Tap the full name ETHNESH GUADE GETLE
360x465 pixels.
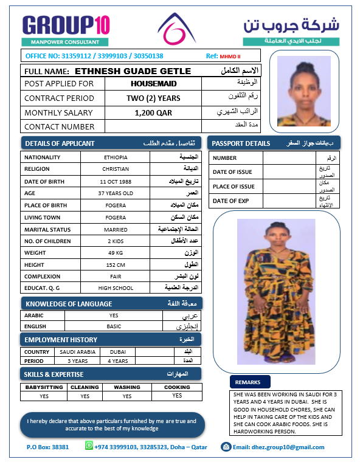pyautogui.click(x=133, y=71)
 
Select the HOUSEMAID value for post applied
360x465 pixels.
pyautogui.click(x=153, y=84)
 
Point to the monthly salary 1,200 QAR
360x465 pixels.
pyautogui.click(x=153, y=112)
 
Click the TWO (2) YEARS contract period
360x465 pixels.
pyautogui.click(x=153, y=98)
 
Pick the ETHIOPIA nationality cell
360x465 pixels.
pyautogui.click(x=116, y=157)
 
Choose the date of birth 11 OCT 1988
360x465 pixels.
pyautogui.click(x=116, y=182)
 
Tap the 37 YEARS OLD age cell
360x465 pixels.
pyautogui.click(x=116, y=193)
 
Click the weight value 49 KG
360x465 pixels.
pyautogui.click(x=116, y=252)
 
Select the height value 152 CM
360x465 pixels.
pyautogui.click(x=116, y=264)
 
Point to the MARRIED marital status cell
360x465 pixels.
pyautogui.click(x=116, y=230)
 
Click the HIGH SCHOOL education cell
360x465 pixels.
pyautogui.click(x=116, y=288)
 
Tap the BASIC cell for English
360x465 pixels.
pyautogui.click(x=114, y=326)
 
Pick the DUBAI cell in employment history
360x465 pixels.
pyautogui.click(x=118, y=352)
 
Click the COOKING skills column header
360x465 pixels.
pyautogui.click(x=177, y=387)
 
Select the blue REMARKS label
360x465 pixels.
pyautogui.click(x=251, y=382)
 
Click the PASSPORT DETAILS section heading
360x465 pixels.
pyautogui.click(x=241, y=143)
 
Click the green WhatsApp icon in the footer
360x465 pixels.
pyautogui.click(x=89, y=446)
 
